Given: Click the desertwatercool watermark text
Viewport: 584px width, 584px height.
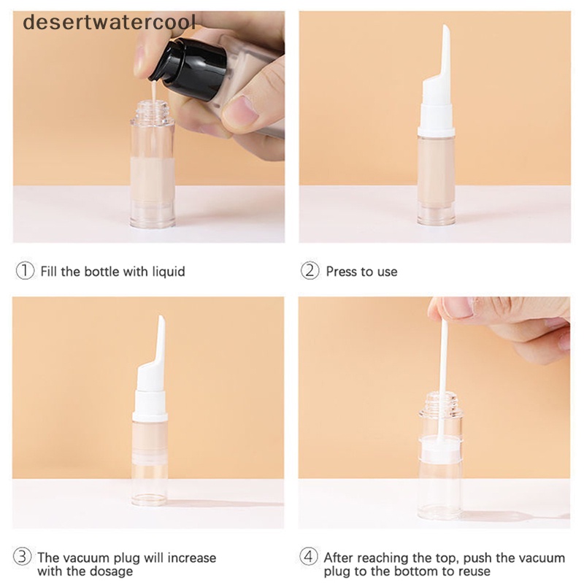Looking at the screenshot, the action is coord(109,23).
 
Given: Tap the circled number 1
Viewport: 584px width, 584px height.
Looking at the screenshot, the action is coord(25,271).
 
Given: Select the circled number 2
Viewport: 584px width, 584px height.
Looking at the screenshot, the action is coord(310,271).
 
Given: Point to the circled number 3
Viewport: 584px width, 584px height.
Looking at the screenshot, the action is coord(23,557).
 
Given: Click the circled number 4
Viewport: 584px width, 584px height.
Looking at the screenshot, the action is coord(309,557).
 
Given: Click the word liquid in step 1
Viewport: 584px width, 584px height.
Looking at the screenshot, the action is coord(169,272).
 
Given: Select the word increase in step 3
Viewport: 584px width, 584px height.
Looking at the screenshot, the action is coord(191,558).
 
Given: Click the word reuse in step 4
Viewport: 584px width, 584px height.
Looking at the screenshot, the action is coord(473,572).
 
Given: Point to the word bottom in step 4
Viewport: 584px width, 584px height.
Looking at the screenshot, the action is coord(416,571).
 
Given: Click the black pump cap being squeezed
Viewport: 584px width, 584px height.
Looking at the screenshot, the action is coord(192,67).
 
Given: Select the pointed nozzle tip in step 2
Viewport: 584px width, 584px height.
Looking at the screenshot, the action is coord(445,26).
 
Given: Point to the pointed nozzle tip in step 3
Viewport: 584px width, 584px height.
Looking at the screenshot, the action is coord(161,317).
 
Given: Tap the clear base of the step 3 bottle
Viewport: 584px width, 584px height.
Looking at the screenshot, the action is coord(150,488).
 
